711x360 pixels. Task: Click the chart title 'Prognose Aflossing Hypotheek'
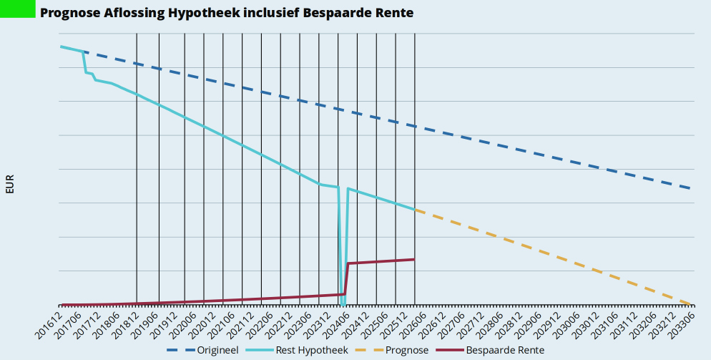pyautogui.click(x=227, y=13)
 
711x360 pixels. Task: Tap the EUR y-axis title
pyautogui.click(x=9, y=184)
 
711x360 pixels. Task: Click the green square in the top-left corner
pyautogui.click(x=17, y=9)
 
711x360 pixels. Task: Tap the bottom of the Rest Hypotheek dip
pyautogui.click(x=343, y=303)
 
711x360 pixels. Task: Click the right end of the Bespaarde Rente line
pyautogui.click(x=415, y=259)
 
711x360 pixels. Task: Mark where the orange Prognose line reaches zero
pyautogui.click(x=691, y=304)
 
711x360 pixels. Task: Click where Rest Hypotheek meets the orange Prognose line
pyautogui.click(x=415, y=210)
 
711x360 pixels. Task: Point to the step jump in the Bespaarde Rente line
pyautogui.click(x=347, y=278)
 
